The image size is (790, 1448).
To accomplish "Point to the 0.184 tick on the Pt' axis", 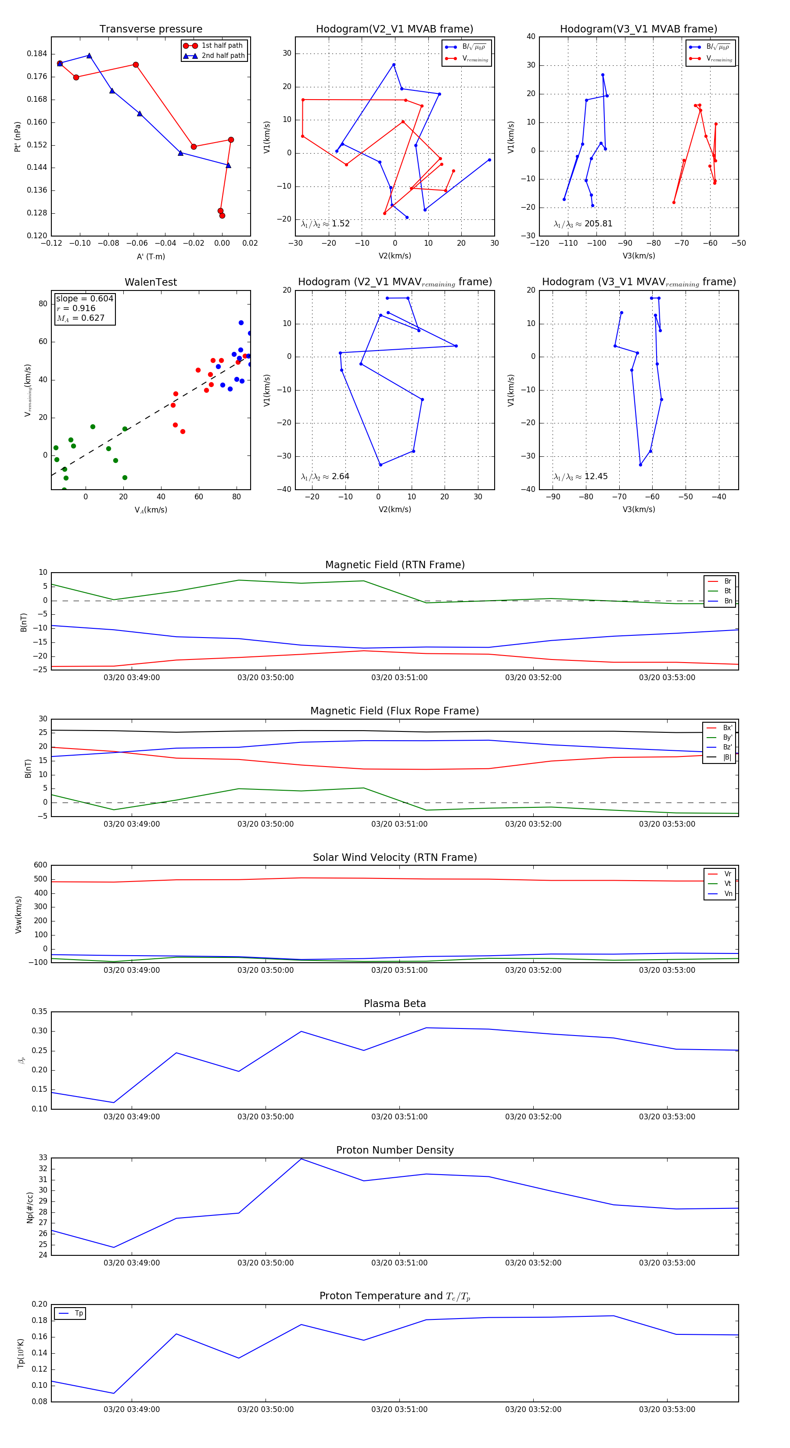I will point(37,54).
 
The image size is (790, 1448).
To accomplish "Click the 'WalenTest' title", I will point(151,282).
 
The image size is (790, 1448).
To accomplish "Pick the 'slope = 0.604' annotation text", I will point(84,298).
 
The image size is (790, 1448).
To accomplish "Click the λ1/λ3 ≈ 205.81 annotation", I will point(583,224).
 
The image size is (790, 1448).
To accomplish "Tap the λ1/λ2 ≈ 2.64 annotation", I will point(325,477).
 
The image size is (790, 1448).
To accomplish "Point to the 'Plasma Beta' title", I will point(395,1004).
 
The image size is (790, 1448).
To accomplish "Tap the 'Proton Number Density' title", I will point(395,1150).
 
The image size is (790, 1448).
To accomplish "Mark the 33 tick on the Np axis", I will point(43,1158).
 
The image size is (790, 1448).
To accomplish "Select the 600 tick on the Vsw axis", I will point(40,865).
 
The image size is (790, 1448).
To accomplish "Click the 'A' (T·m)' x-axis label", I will point(151,257).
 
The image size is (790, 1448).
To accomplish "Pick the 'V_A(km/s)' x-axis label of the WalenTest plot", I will point(151,510).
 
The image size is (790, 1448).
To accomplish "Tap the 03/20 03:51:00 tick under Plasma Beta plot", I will point(399,1117).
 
